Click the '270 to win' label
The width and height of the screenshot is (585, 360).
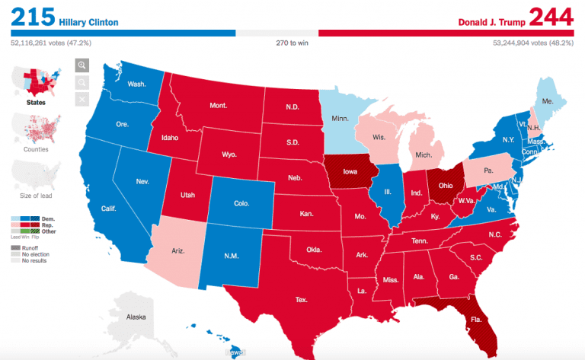(292, 43)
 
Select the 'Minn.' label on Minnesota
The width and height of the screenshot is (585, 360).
(340, 119)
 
